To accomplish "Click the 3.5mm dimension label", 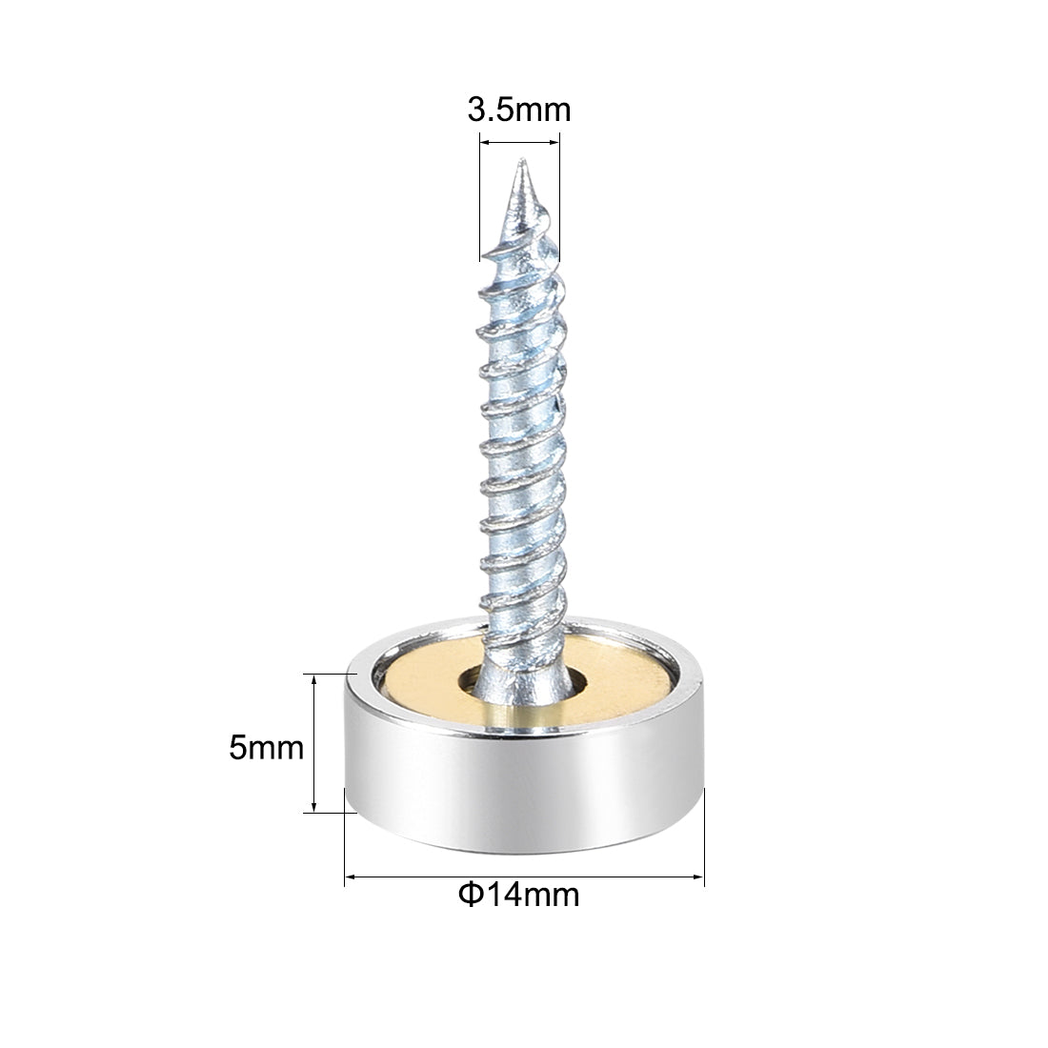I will (x=518, y=111).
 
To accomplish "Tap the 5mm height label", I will (x=266, y=747).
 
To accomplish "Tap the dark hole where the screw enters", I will (x=471, y=682).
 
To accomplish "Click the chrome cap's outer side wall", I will (x=524, y=781).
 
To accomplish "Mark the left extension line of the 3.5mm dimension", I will (x=479, y=210).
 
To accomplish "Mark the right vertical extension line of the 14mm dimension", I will (x=704, y=838).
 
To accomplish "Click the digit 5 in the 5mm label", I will (x=237, y=747).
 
